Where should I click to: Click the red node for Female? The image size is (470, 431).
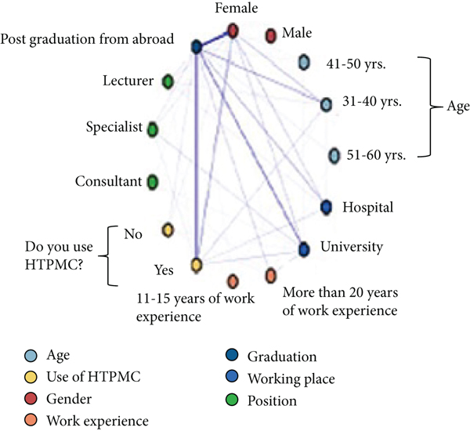tap(233, 31)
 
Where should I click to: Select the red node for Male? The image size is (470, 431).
tap(271, 35)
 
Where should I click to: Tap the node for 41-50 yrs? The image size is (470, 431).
tap(305, 62)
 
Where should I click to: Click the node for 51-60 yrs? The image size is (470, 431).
tap(334, 155)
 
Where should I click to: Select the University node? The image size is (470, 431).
tap(305, 248)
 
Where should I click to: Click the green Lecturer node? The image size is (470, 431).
tap(167, 81)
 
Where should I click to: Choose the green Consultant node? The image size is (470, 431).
tap(153, 182)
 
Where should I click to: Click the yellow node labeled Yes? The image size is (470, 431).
tap(197, 266)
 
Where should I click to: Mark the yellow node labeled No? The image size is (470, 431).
tap(167, 230)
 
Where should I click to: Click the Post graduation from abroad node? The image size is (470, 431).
tap(197, 48)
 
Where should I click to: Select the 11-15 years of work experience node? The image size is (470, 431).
tap(233, 281)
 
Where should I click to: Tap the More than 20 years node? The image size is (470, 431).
tap(270, 275)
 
